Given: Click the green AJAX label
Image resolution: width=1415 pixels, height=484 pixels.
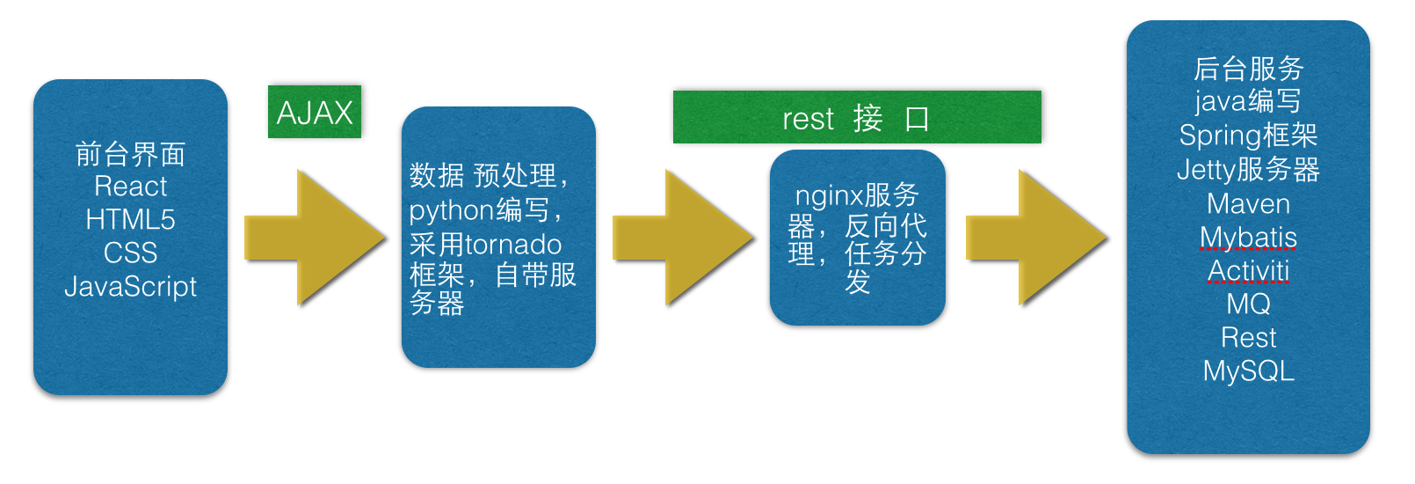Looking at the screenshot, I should tap(315, 112).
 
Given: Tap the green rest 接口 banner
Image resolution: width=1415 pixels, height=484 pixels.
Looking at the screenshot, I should tap(856, 117).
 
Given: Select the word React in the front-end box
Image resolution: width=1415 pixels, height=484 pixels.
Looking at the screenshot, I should tap(130, 187).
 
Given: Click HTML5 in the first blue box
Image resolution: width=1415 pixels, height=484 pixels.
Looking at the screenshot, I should tap(130, 219).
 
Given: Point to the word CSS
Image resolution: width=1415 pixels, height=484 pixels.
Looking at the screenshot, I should tap(130, 253).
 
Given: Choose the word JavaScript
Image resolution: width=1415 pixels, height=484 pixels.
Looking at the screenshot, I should tap(130, 287).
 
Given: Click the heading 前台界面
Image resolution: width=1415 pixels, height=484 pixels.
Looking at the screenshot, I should tap(130, 154).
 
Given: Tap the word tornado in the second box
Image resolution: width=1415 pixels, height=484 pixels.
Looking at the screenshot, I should tap(512, 244).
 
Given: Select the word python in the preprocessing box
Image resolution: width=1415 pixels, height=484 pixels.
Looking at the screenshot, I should tap(452, 210).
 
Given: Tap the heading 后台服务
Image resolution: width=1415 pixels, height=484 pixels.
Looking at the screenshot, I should tap(1248, 68).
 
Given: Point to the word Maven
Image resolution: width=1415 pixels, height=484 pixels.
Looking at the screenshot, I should tap(1248, 204).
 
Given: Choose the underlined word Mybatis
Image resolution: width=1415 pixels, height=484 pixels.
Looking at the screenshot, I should tap(1248, 238).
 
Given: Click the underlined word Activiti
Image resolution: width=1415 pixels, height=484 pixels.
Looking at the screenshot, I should tap(1248, 270).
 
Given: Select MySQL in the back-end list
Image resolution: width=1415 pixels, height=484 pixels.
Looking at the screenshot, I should tap(1248, 371).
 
